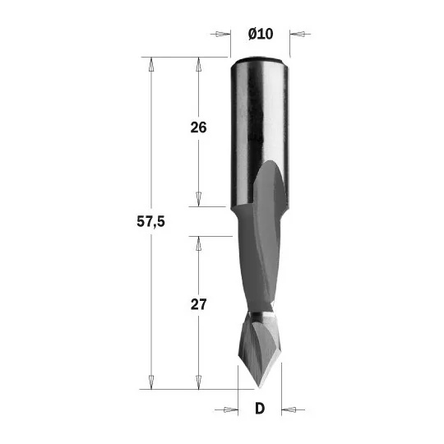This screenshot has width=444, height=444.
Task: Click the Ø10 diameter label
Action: pos(261,34)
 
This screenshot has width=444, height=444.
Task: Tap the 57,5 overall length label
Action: pos(150,221)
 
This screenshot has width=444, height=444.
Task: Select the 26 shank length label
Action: pos(198,127)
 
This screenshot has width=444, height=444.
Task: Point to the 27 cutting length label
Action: pos(198,304)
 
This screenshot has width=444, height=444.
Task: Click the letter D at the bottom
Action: pos(260,409)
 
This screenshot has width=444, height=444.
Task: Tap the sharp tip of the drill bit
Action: pos(259,387)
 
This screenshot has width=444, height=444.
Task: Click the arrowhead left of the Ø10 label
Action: pos(223,34)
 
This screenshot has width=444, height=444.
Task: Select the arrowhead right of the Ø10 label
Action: pos(297,35)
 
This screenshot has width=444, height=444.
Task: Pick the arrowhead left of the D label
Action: pos(231,409)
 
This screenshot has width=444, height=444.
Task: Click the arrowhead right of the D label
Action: pos(289,409)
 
